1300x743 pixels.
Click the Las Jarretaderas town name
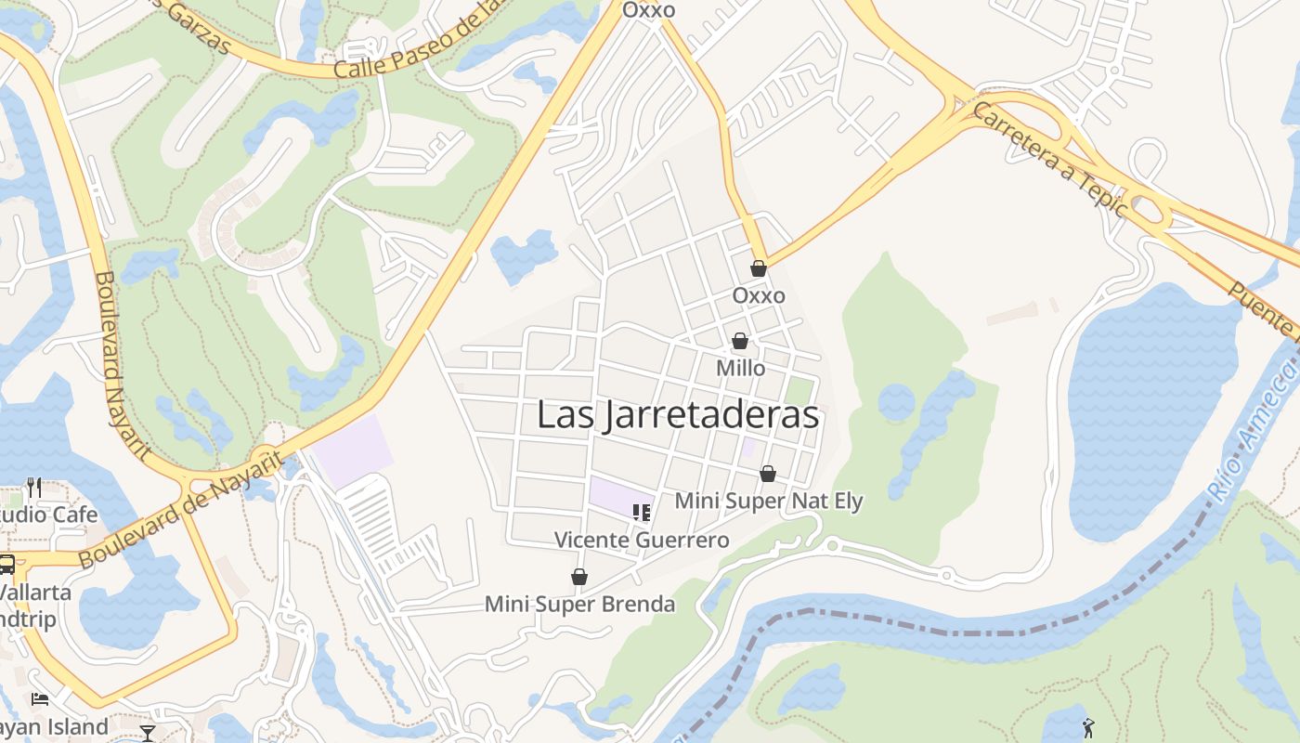pyautogui.click(x=678, y=415)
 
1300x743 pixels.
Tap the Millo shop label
pyautogui.click(x=740, y=369)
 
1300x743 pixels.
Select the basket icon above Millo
pyautogui.click(x=740, y=341)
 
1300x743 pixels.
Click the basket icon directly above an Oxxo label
pyautogui.click(x=759, y=268)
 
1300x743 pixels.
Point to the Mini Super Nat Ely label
pyautogui.click(x=769, y=502)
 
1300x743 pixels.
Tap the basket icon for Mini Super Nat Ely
pyautogui.click(x=768, y=474)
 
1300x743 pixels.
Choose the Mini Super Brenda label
pyautogui.click(x=579, y=605)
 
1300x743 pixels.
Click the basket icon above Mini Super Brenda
pyautogui.click(x=579, y=577)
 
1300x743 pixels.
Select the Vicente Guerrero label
pyautogui.click(x=642, y=540)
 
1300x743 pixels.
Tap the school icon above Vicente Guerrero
pyautogui.click(x=641, y=512)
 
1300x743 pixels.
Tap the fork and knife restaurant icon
pyautogui.click(x=33, y=487)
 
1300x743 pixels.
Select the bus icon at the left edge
pyautogui.click(x=6, y=564)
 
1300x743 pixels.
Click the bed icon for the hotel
pyautogui.click(x=40, y=698)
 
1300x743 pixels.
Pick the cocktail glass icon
pyautogui.click(x=148, y=733)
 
